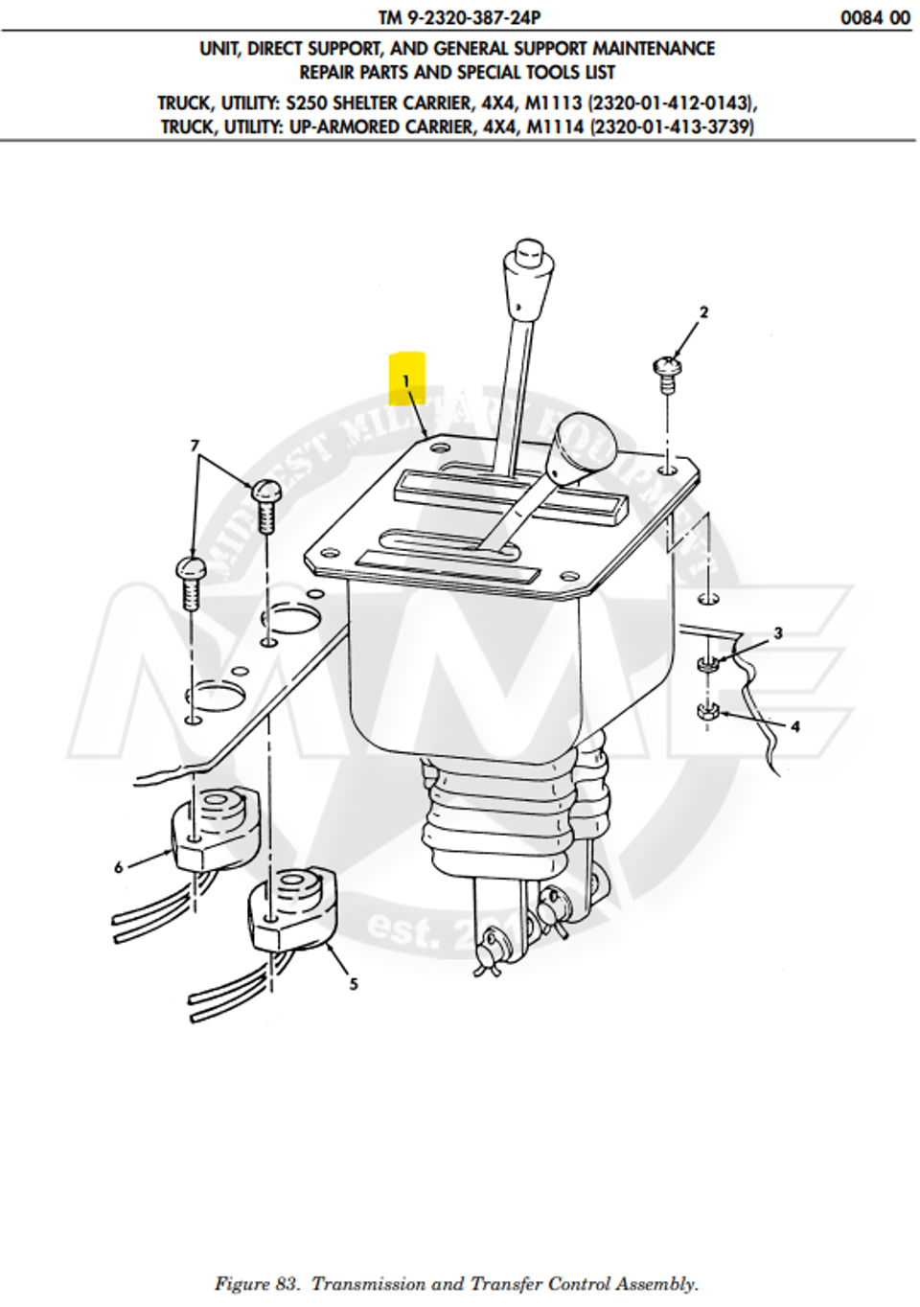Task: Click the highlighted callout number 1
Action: [x=406, y=380]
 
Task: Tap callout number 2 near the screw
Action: [x=704, y=312]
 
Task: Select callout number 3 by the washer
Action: [x=778, y=633]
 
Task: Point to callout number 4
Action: [x=794, y=726]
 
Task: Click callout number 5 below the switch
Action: [x=354, y=983]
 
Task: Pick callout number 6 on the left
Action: [x=119, y=867]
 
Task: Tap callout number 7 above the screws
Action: [x=195, y=446]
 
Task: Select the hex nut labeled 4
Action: [x=708, y=713]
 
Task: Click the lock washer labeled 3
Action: [x=707, y=664]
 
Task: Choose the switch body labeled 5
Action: [x=292, y=906]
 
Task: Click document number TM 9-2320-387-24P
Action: [x=459, y=16]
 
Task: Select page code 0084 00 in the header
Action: [x=875, y=17]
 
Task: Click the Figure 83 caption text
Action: [x=457, y=1283]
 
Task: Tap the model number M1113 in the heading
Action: [x=553, y=103]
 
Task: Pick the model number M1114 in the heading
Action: [x=555, y=126]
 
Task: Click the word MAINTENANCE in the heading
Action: [x=654, y=48]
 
